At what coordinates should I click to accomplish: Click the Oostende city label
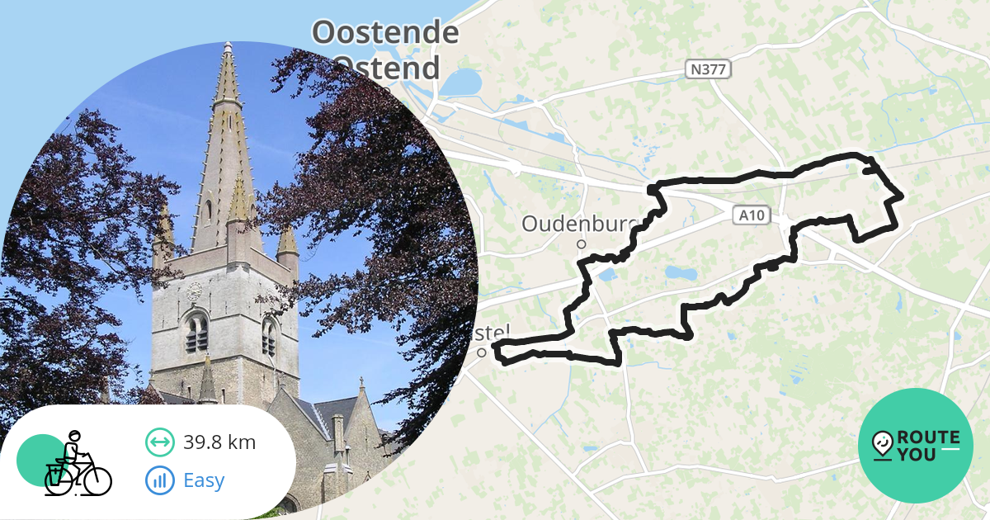click(385, 33)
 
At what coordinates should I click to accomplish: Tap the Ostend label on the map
click(388, 67)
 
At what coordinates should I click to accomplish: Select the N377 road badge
click(707, 69)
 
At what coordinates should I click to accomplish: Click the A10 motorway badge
click(752, 216)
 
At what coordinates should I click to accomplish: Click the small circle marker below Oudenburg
click(581, 244)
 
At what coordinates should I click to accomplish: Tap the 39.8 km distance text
click(219, 442)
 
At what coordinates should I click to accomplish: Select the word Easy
click(204, 480)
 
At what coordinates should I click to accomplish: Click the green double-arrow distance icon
click(159, 442)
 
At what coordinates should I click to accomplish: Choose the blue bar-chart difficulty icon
click(159, 480)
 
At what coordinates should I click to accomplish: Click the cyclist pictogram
click(77, 464)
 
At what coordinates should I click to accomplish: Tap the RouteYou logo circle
click(916, 446)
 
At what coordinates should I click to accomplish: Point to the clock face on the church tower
click(195, 291)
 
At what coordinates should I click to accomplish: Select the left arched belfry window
click(196, 333)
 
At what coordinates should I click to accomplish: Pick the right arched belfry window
click(269, 337)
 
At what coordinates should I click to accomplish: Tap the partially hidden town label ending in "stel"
click(495, 333)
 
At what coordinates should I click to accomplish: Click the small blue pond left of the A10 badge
click(681, 272)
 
